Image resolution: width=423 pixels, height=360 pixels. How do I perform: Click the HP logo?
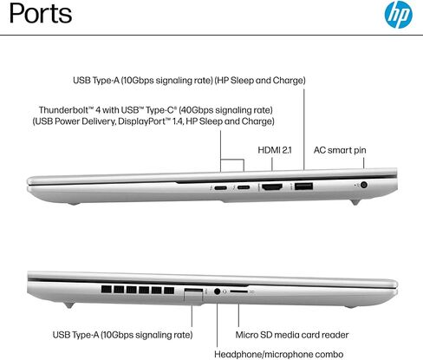click(x=399, y=14)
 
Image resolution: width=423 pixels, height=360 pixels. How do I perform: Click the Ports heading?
click(x=41, y=13)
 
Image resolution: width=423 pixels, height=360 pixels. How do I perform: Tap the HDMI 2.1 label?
click(x=275, y=150)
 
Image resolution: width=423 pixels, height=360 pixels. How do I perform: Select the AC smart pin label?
click(x=340, y=150)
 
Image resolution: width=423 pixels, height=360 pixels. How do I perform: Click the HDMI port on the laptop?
click(x=272, y=187)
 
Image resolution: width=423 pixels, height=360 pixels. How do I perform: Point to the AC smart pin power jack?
click(x=364, y=185)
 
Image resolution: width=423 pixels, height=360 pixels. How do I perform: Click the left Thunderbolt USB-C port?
click(x=221, y=187)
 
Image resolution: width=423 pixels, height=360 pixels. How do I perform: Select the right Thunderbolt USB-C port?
click(x=244, y=187)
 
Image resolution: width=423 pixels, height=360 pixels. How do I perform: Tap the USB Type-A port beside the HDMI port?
click(x=303, y=186)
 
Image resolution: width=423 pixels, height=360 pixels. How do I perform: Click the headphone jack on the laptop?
click(x=218, y=291)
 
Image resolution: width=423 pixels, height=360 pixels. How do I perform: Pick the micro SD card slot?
click(x=239, y=291)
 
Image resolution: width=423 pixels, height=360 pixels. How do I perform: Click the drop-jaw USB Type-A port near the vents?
click(x=193, y=296)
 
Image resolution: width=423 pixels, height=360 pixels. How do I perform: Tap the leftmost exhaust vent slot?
click(x=107, y=290)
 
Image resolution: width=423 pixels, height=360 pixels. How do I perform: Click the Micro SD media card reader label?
click(x=292, y=335)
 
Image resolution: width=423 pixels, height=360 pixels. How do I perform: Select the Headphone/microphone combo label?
click(x=279, y=354)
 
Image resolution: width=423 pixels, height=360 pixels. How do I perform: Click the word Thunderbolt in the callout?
click(x=63, y=110)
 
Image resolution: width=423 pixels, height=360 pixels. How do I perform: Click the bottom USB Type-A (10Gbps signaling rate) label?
click(x=122, y=335)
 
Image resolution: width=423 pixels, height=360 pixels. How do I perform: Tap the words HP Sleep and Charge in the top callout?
click(x=260, y=80)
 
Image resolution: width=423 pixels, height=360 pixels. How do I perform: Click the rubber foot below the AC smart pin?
click(x=355, y=202)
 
